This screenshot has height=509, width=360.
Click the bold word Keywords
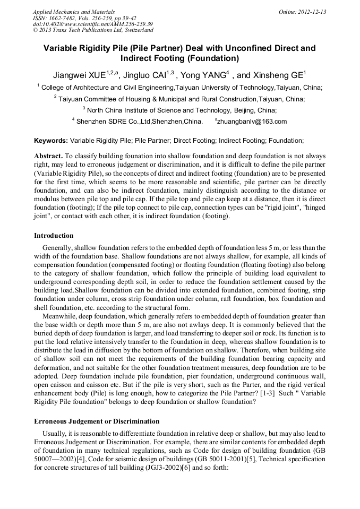(x=50, y=141)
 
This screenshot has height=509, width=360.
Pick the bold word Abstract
(x=48, y=156)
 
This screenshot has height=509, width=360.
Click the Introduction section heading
(x=54, y=235)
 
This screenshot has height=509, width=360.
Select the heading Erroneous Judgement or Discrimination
(x=97, y=421)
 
